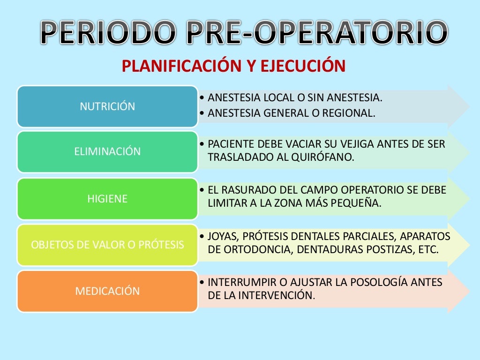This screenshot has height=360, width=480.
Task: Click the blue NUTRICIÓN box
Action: click(107, 106)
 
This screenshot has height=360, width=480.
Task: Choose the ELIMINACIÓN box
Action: click(107, 152)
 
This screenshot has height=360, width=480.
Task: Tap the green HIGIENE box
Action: click(107, 199)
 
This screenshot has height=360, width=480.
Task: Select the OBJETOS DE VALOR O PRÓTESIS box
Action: click(107, 245)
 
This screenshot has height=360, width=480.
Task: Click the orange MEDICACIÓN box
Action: click(107, 291)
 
